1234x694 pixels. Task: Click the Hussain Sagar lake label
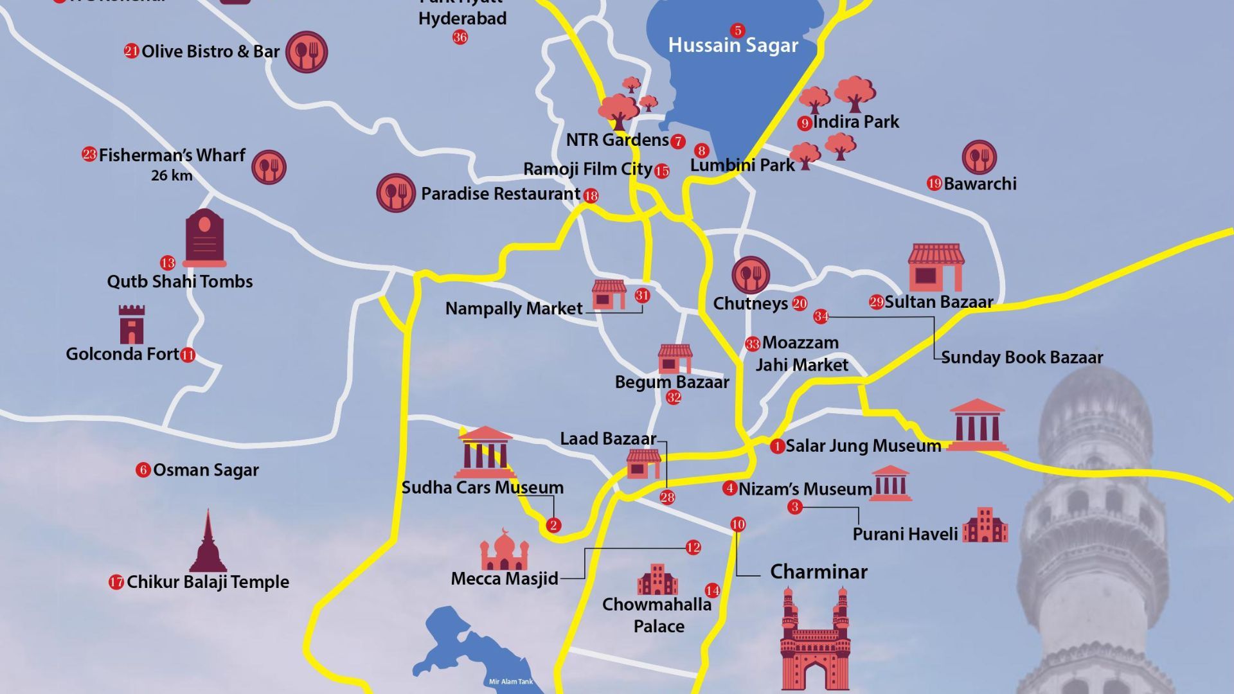pos(733,45)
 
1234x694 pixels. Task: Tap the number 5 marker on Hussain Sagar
pos(737,30)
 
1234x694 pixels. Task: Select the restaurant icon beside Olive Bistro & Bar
pos(307,52)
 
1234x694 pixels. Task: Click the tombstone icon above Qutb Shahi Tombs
pos(204,237)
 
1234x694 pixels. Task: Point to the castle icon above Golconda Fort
pos(132,325)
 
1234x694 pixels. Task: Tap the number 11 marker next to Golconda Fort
pos(188,355)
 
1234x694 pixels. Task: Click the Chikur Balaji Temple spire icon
pos(208,542)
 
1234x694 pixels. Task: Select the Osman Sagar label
pos(206,470)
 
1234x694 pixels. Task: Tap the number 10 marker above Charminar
pos(738,524)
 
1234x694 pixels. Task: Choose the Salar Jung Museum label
pos(863,446)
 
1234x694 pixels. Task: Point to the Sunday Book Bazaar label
pos(1022,357)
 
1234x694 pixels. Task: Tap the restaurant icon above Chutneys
pos(750,276)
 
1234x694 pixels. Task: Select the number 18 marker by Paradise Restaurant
pos(591,196)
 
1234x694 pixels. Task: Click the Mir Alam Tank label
pos(511,682)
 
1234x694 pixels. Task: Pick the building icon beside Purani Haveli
pos(985,525)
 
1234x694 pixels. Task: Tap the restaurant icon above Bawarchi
pos(979,157)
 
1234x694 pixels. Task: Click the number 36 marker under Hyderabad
pos(460,37)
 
